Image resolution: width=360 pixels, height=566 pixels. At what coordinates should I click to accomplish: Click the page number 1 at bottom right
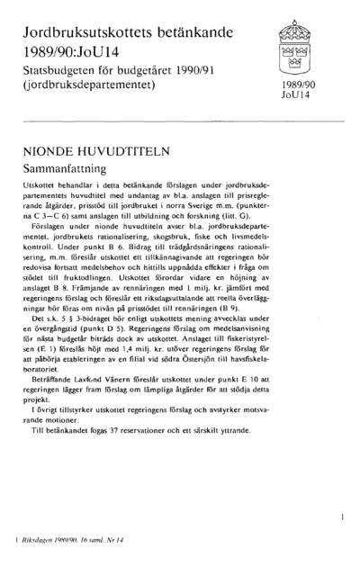343,517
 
